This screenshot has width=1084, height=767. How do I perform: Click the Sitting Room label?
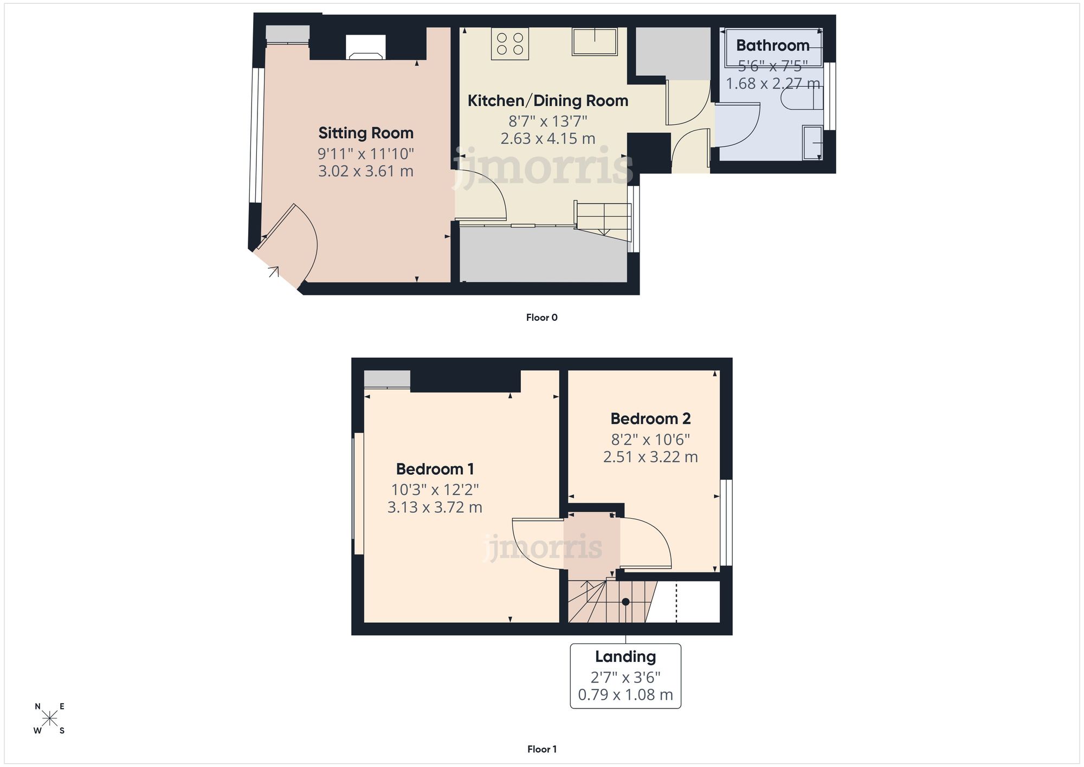coord(366,133)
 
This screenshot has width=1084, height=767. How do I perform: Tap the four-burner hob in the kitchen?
coord(509,44)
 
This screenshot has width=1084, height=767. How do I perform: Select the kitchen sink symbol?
coord(595,42)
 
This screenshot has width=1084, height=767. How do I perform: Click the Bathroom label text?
coord(772,46)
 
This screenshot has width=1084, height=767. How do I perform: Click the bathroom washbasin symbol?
coord(812,143)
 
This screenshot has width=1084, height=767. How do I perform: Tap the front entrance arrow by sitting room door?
coord(274,271)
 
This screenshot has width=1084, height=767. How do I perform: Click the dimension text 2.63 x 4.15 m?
coord(547,139)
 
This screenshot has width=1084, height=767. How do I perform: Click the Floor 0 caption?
coord(541,318)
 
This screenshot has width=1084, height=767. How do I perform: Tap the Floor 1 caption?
coord(541,749)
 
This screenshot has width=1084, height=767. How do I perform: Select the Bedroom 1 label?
coord(435,469)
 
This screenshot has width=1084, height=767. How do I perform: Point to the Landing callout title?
coord(625,656)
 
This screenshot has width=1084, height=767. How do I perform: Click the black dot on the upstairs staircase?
coord(625,602)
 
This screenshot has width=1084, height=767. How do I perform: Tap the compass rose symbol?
coord(49,719)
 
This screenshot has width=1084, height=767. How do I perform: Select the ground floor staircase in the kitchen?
coord(603,220)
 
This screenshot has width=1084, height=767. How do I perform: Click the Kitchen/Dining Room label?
coord(547,101)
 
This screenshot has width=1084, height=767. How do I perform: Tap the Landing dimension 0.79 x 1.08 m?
coord(625,695)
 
